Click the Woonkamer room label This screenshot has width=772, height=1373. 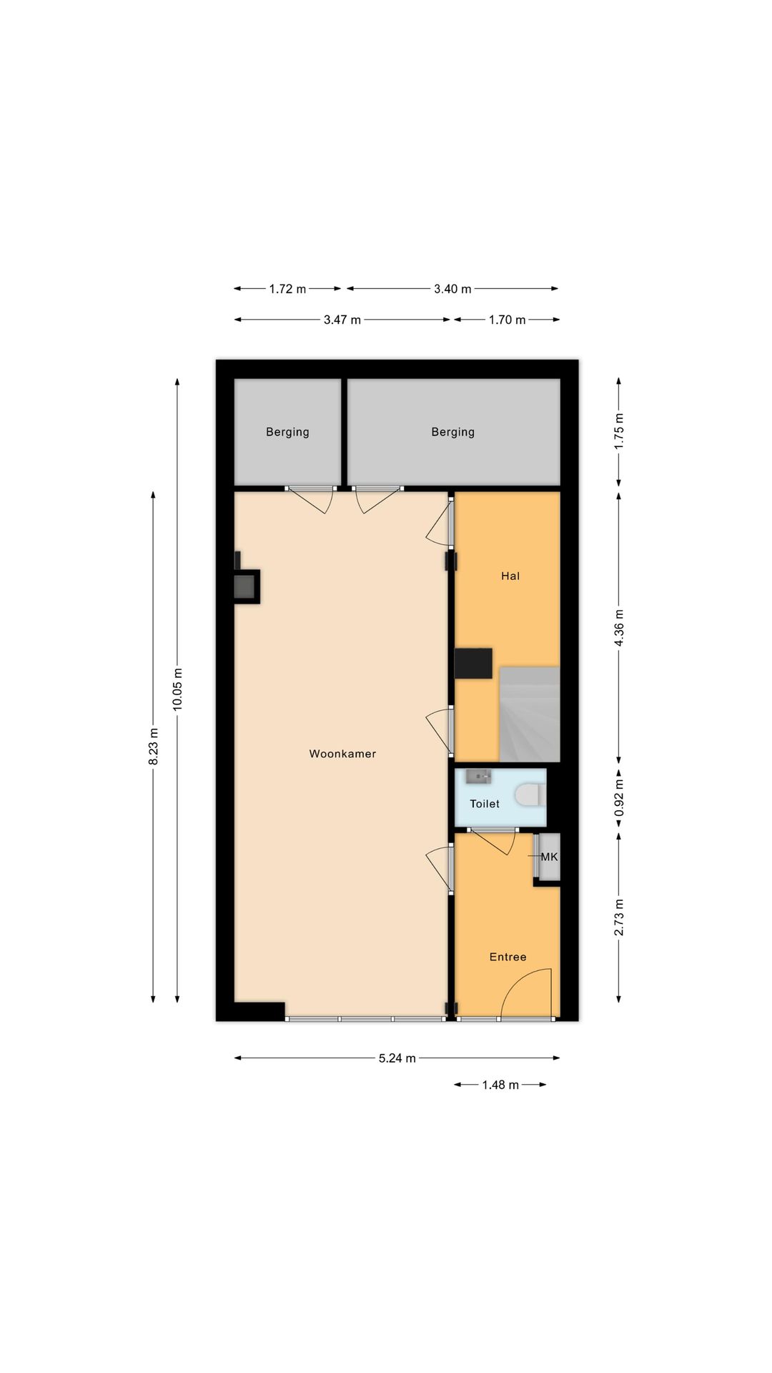(342, 754)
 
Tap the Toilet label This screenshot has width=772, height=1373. (485, 804)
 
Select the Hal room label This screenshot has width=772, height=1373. (510, 576)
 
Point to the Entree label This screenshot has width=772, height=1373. (508, 957)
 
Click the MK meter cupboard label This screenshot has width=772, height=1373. (549, 856)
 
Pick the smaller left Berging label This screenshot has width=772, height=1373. (287, 432)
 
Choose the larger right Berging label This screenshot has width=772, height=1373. (452, 432)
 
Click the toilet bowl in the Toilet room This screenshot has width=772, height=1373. (531, 794)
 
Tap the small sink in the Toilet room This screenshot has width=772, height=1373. (478, 776)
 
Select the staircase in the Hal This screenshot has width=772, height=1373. (529, 714)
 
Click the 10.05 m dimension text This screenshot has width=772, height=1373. (177, 689)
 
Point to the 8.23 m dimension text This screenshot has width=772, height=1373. (153, 747)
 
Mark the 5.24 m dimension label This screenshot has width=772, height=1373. (397, 1058)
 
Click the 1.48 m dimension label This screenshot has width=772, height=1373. (500, 1085)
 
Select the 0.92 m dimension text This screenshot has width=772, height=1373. (619, 798)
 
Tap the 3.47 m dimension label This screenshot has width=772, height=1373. (342, 320)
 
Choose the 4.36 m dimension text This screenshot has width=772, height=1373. (619, 628)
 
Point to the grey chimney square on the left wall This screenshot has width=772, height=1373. (244, 587)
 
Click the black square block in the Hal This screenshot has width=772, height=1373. (473, 663)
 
